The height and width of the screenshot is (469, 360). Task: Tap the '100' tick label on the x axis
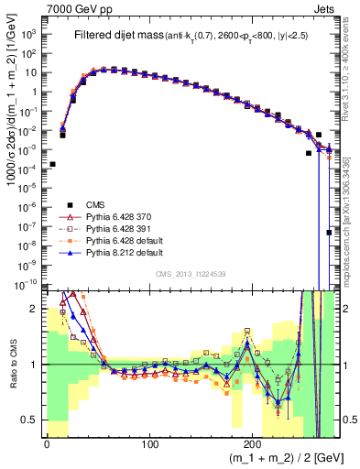pos(150,442)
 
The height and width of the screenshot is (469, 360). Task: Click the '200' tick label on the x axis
pos(255,442)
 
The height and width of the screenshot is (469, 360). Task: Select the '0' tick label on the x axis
pos(47,442)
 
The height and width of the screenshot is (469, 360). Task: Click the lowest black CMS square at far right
pos(329,233)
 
